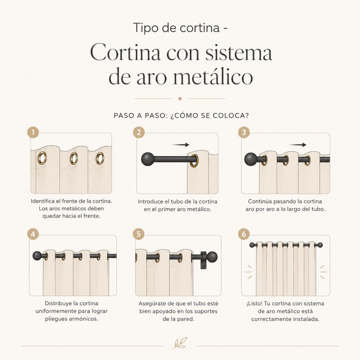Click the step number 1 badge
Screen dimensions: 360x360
tap(33, 133)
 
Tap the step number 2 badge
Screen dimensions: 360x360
tap(139, 132)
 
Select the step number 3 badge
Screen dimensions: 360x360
tap(244, 132)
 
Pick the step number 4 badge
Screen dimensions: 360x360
tap(33, 234)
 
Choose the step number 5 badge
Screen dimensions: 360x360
tap(139, 234)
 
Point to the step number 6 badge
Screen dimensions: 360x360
tap(244, 234)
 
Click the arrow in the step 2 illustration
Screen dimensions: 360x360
tap(180, 145)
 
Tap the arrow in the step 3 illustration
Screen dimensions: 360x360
tap(298, 145)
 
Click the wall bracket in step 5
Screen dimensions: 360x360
tap(203, 260)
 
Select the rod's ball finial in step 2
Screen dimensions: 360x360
tap(147, 159)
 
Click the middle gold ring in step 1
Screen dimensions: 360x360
tap(74, 158)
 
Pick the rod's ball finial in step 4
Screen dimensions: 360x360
tap(37, 256)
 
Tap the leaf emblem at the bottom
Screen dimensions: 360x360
tap(180, 343)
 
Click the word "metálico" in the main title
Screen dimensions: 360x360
tap(213, 77)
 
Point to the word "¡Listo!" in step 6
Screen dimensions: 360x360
tap(254, 304)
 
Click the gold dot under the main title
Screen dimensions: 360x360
tap(180, 99)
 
